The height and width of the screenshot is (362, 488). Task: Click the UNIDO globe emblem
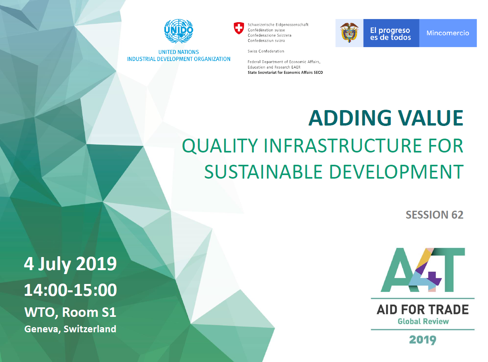pyautogui.click(x=178, y=31)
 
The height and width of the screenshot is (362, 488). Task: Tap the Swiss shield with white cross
pyautogui.click(x=239, y=28)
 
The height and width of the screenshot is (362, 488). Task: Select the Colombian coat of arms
pyautogui.click(x=349, y=33)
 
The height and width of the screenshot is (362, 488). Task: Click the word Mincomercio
pyautogui.click(x=448, y=33)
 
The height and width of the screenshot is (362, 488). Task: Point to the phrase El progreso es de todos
pyautogui.click(x=391, y=34)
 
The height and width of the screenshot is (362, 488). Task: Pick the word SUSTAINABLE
pyautogui.click(x=263, y=172)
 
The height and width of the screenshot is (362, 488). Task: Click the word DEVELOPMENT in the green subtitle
pyautogui.click(x=396, y=172)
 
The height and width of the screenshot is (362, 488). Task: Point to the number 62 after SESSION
pyautogui.click(x=457, y=215)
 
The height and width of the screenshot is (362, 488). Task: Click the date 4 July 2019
pyautogui.click(x=70, y=265)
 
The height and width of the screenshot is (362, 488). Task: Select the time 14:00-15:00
pyautogui.click(x=71, y=290)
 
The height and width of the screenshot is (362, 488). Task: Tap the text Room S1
pyautogui.click(x=89, y=312)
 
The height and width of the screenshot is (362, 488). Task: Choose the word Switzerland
pyautogui.click(x=90, y=329)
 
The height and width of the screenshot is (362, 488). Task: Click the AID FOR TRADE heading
pyautogui.click(x=422, y=310)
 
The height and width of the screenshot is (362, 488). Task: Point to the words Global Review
pyautogui.click(x=423, y=322)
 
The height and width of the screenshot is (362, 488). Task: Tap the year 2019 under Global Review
pyautogui.click(x=423, y=340)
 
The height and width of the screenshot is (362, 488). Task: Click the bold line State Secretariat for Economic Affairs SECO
pyautogui.click(x=285, y=72)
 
